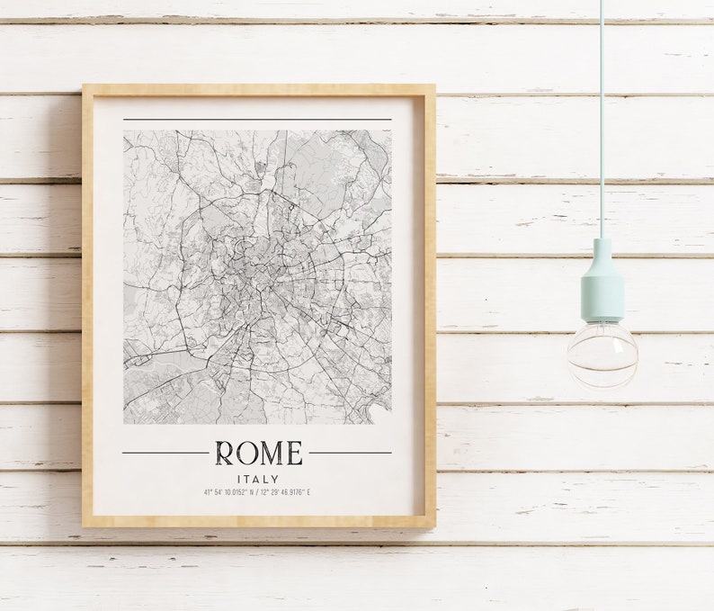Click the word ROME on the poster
pyautogui.click(x=258, y=453)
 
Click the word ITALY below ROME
pyautogui.click(x=258, y=479)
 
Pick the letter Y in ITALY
pyautogui.click(x=275, y=479)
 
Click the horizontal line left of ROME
pyautogui.click(x=165, y=453)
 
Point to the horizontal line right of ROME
pyautogui.click(x=351, y=453)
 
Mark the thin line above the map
pyautogui.click(x=258, y=120)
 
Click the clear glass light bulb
pyautogui.click(x=602, y=354)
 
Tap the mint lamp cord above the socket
pyautogui.click(x=602, y=117)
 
